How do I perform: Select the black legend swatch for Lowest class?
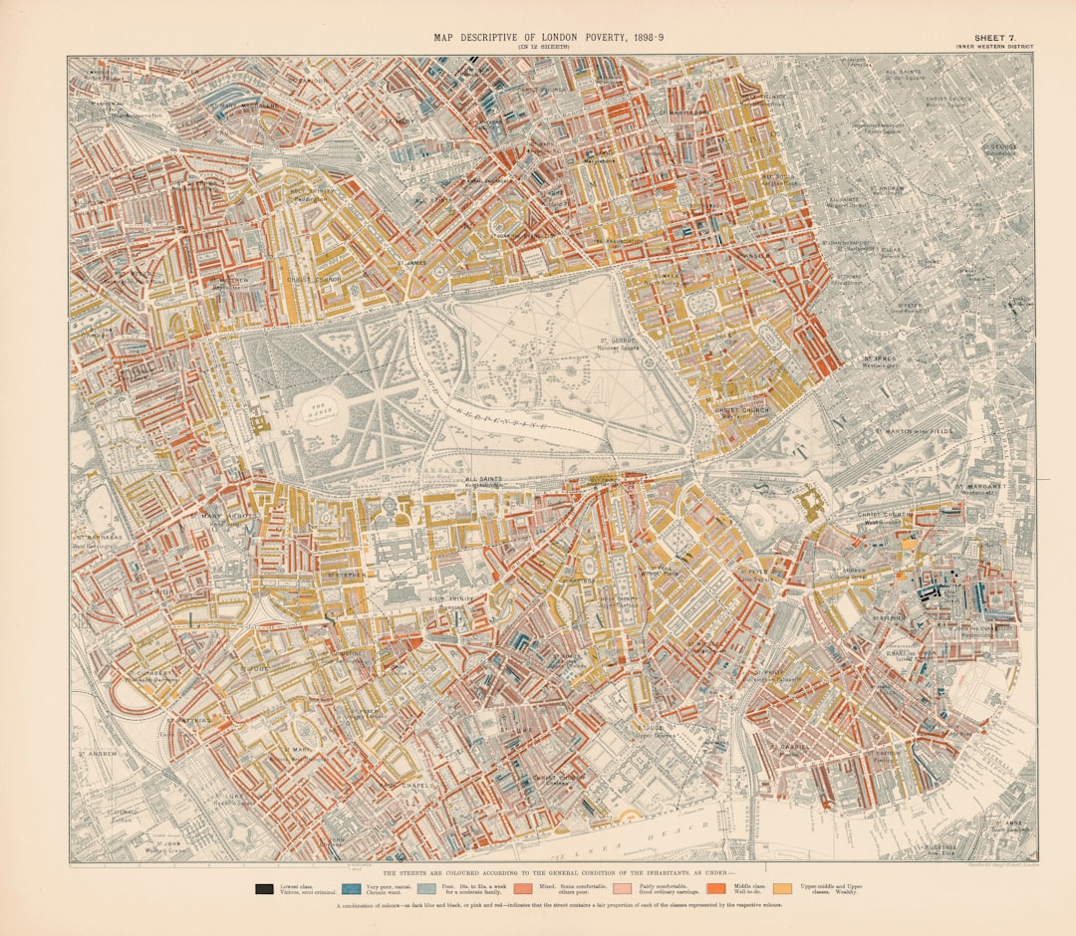pos(265,888)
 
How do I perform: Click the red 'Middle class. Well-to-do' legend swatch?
pos(715,888)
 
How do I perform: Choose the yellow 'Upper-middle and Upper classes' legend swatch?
pos(783,888)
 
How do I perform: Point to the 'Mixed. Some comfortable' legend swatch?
pos(524,888)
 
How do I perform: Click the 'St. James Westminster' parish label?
pos(882,360)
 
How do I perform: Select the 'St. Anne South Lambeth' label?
pos(1007,824)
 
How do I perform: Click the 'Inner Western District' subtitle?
pos(993,47)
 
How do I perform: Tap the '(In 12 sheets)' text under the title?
pos(543,47)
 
